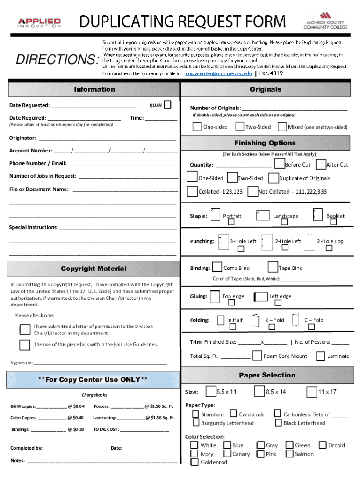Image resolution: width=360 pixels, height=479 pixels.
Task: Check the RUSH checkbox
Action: click(x=167, y=104)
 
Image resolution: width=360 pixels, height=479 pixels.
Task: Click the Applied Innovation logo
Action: click(x=39, y=22)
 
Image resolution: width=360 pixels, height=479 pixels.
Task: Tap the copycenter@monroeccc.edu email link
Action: click(x=219, y=73)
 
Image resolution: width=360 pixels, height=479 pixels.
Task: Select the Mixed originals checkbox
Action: click(x=282, y=126)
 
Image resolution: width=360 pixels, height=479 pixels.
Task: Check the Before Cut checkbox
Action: click(x=279, y=163)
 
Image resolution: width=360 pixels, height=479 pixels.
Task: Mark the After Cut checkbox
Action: click(x=321, y=164)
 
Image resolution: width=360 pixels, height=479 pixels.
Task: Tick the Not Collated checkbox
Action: click(x=252, y=191)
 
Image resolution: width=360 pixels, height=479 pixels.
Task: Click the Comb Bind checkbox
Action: click(x=217, y=267)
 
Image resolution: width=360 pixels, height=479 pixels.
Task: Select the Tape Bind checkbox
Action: click(x=273, y=267)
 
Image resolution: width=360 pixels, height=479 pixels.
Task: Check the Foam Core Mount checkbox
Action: click(x=257, y=356)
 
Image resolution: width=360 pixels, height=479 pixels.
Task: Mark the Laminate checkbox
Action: click(x=320, y=356)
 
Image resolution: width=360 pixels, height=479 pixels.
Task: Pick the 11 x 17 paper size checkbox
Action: click(x=312, y=391)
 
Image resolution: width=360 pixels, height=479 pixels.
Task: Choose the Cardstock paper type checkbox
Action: click(x=233, y=414)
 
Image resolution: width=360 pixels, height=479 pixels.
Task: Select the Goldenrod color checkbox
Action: click(x=194, y=462)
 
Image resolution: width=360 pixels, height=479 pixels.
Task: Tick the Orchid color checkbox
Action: click(x=323, y=445)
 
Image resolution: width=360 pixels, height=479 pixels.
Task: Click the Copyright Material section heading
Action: click(x=94, y=269)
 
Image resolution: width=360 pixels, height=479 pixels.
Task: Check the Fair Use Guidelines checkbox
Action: click(x=25, y=345)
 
